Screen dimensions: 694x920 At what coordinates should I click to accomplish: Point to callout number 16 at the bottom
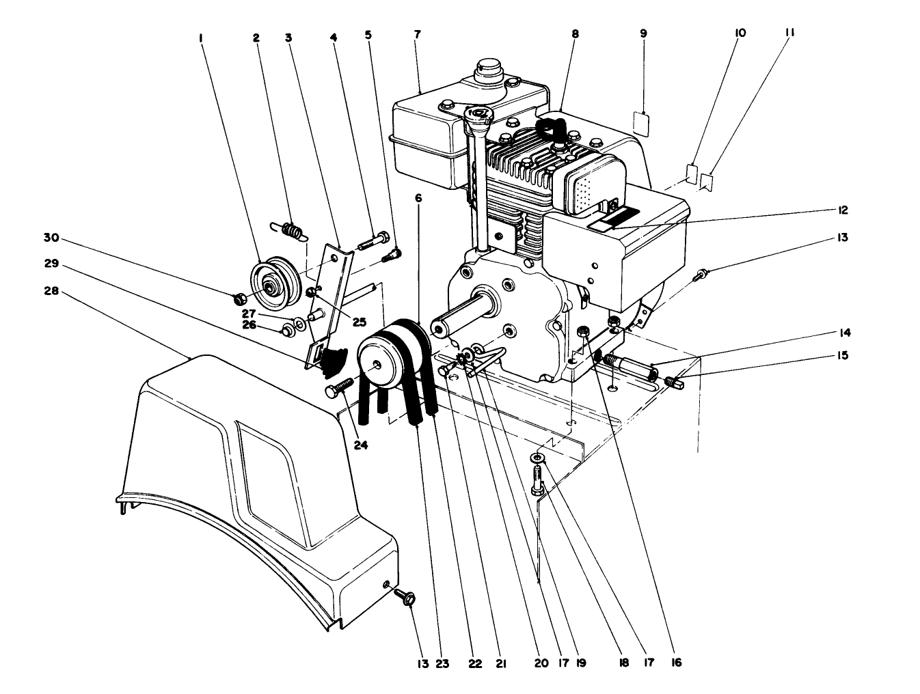pyautogui.click(x=675, y=662)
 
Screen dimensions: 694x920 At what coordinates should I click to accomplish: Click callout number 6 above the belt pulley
pyautogui.click(x=418, y=198)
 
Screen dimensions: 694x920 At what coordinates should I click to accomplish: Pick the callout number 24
pyautogui.click(x=361, y=445)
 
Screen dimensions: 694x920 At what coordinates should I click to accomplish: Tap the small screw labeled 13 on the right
pyautogui.click(x=699, y=275)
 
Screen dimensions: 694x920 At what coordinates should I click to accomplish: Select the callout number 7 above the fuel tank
pyautogui.click(x=418, y=33)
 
